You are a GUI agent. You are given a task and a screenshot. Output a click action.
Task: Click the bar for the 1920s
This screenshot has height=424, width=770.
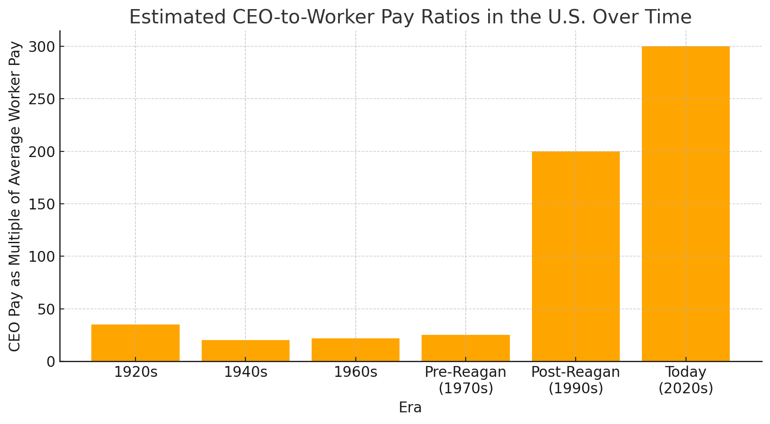coord(135,343)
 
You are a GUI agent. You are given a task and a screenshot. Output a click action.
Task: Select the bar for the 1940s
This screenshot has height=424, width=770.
coord(245,350)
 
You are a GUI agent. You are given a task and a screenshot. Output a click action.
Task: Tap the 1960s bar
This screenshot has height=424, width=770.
coord(355,350)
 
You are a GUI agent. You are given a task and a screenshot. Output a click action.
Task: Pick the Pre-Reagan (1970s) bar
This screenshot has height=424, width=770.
coord(466,348)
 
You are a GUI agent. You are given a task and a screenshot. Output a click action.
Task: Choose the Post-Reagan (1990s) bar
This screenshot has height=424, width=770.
coord(576,256)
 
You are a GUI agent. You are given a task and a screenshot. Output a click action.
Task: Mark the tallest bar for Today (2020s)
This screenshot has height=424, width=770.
coord(686,203)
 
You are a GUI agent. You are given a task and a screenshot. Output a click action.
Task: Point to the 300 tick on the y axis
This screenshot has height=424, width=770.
coord(42,47)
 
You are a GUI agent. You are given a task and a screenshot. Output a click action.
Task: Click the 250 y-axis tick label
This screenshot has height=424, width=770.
coord(42,99)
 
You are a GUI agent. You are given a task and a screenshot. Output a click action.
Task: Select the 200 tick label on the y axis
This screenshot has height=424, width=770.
coord(42,152)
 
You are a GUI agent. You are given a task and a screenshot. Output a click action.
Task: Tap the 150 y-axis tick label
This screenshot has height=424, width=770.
coord(42,204)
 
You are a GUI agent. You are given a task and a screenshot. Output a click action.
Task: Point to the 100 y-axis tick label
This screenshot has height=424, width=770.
coord(42,257)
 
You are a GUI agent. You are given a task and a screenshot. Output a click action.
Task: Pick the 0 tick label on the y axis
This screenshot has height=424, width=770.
coord(51,362)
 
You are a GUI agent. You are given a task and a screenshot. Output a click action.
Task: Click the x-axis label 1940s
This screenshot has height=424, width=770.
coord(245,372)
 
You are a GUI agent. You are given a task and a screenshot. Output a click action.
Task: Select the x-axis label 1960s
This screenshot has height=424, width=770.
coord(355,372)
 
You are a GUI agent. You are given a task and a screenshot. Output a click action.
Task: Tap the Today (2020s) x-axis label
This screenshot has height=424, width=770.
coord(686,380)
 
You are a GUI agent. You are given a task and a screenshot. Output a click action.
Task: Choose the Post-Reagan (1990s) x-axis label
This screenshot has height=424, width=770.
coord(576,380)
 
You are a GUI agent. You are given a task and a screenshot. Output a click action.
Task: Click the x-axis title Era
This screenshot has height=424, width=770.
coord(410,408)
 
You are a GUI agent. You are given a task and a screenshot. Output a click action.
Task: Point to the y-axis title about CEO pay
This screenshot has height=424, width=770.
coord(15,196)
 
